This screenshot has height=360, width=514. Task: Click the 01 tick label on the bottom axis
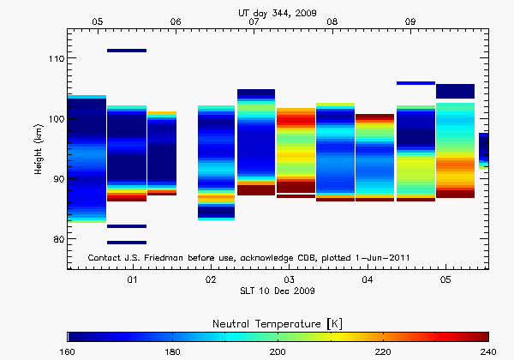(x=133, y=280)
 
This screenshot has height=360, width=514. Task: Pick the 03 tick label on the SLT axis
(x=290, y=280)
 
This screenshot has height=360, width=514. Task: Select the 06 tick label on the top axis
(x=176, y=21)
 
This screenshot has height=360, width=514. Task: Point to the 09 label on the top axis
(x=410, y=21)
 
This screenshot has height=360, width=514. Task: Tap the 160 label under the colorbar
(x=68, y=351)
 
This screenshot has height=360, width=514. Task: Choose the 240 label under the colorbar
(x=487, y=351)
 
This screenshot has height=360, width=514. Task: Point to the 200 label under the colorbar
(x=278, y=351)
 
